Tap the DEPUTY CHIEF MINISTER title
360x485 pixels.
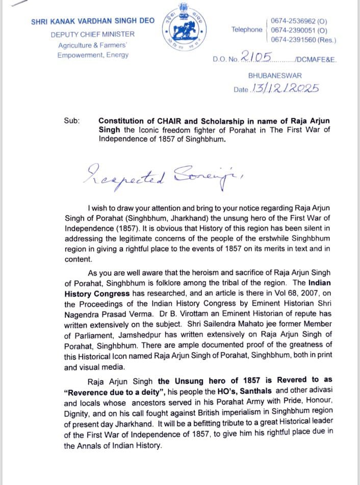tap(93, 34)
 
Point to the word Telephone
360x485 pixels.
tap(246, 30)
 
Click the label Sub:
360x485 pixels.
tap(71, 121)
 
